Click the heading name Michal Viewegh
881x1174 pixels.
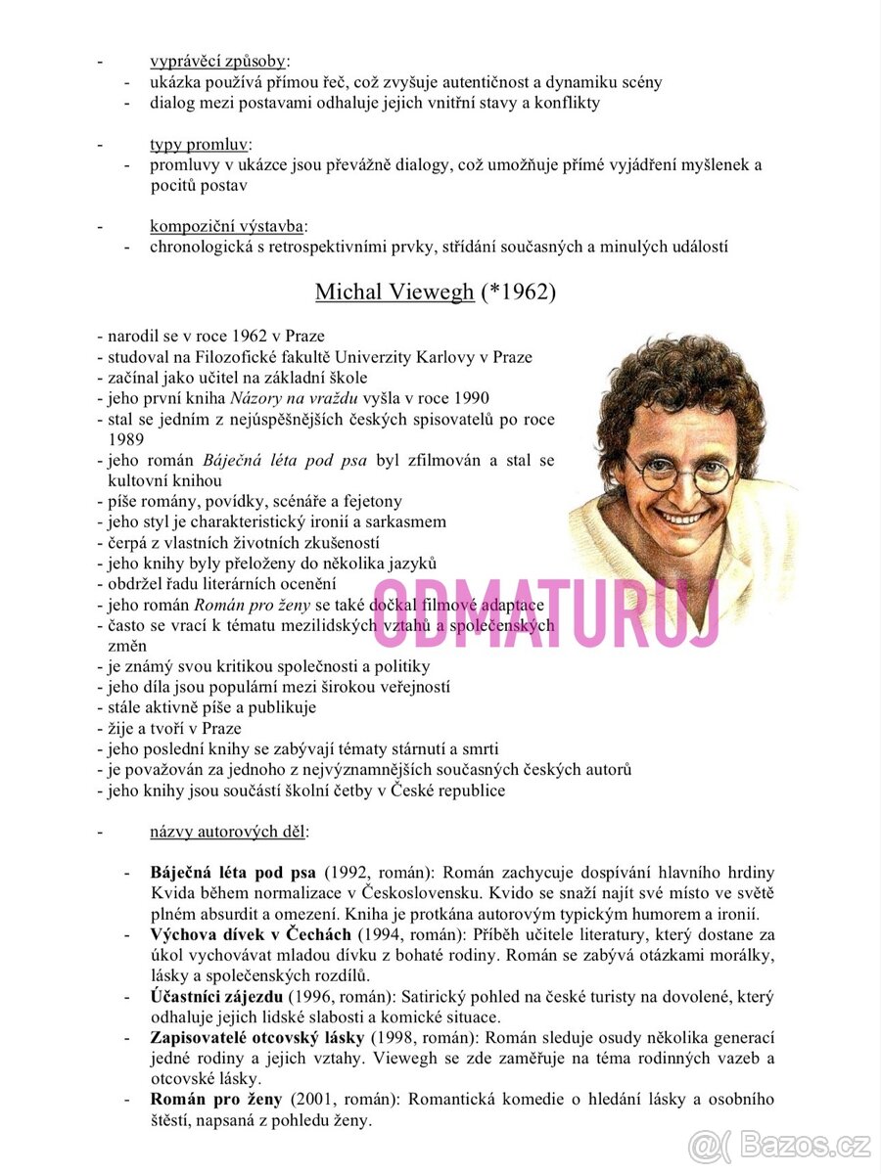point(394,292)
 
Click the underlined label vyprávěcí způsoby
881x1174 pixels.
point(217,62)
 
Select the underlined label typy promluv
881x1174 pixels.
point(200,145)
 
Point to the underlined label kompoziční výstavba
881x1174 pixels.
point(226,227)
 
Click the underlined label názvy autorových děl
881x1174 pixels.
point(227,832)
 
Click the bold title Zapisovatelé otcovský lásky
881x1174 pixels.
point(256,1037)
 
